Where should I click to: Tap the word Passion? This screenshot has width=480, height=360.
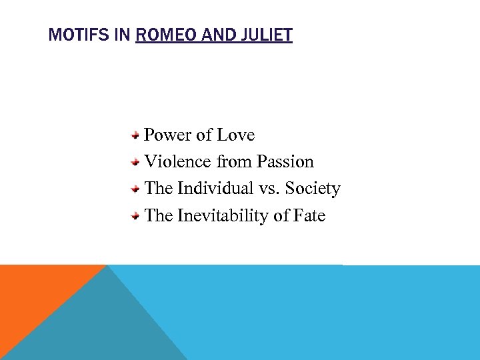285,162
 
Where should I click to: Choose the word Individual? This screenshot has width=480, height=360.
217,189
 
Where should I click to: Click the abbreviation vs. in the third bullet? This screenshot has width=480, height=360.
272,189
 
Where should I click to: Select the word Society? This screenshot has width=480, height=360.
313,189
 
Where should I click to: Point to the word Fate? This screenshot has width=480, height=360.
308,215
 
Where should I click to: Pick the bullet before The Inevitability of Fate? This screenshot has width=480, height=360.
135,215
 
